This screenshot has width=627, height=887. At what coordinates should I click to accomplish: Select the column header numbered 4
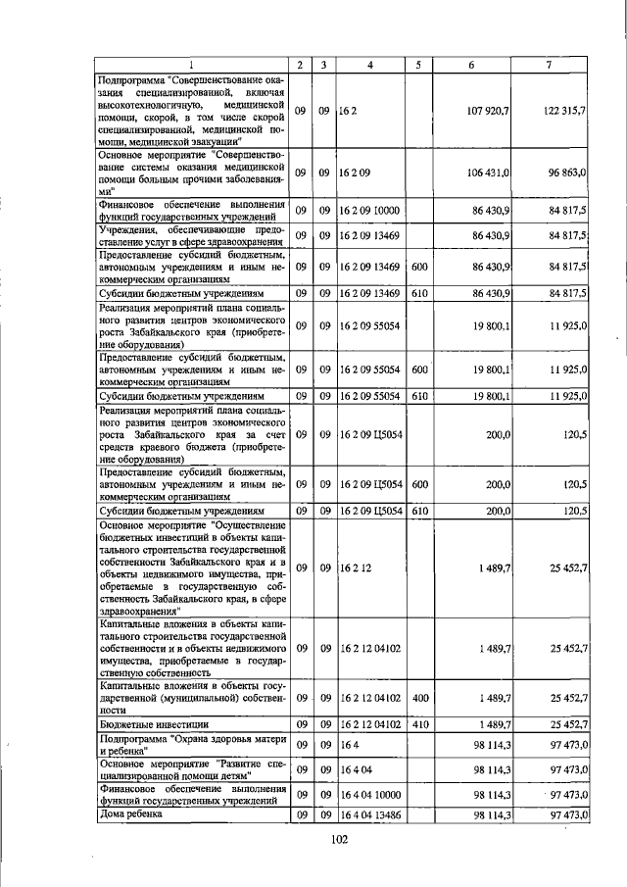(x=369, y=65)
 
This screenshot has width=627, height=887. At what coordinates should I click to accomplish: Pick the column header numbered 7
(x=548, y=65)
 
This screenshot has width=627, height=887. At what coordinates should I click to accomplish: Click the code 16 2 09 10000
(x=370, y=210)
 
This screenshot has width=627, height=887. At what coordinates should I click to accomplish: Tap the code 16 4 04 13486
(x=370, y=815)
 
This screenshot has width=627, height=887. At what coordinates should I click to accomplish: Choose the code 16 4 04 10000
(x=370, y=793)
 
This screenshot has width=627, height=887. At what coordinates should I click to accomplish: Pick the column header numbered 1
(x=192, y=65)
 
